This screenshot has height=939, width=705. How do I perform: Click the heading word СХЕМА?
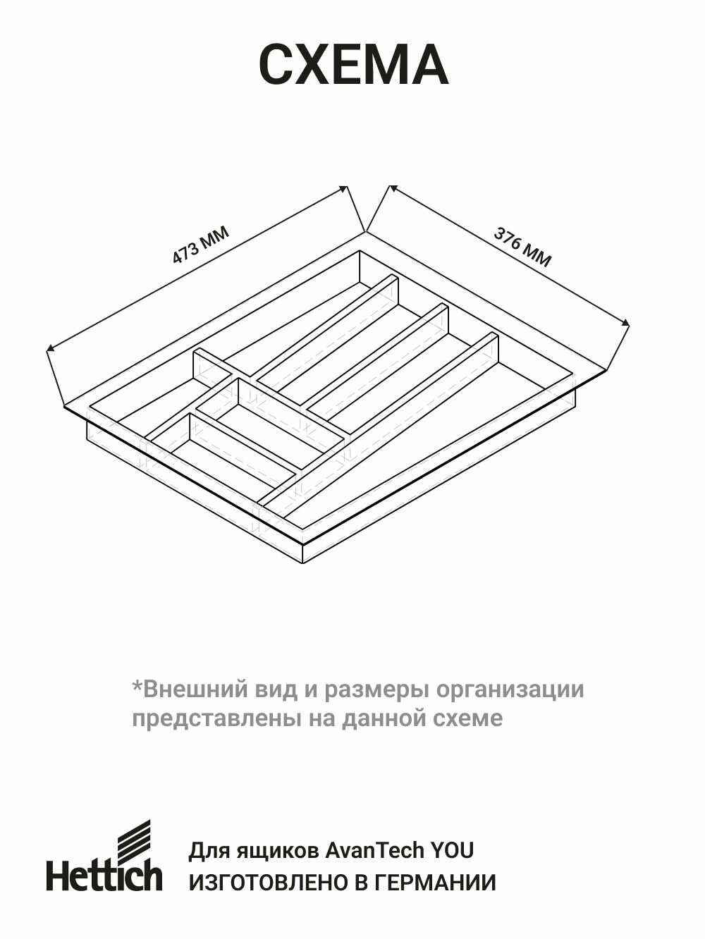coord(353,66)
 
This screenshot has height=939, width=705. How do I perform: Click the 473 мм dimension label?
coord(200,245)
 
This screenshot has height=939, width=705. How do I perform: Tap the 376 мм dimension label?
coord(522,247)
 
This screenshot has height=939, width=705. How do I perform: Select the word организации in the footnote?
coord(510,689)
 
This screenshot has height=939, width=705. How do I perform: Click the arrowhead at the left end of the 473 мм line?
coord(49,348)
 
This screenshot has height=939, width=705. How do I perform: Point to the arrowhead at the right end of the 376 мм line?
coord(626,322)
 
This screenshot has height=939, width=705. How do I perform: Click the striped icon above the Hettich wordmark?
coord(133,839)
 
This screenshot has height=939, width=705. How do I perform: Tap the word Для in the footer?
coord(206,850)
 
